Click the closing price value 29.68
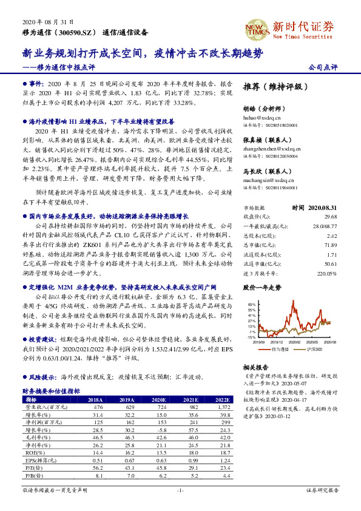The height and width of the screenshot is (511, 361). click(x=330, y=216)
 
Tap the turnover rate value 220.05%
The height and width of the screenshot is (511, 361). click(x=327, y=274)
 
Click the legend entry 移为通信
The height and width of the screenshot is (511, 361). click(x=276, y=350)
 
